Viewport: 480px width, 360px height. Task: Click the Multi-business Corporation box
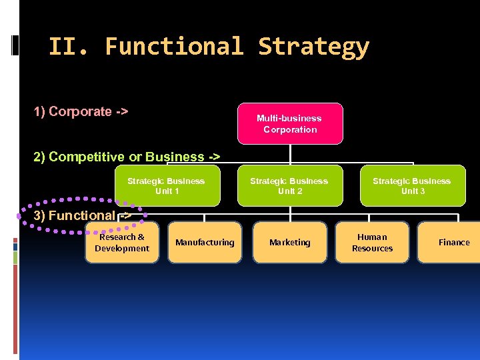coord(290,123)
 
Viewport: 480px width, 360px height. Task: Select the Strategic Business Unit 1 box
coord(167,186)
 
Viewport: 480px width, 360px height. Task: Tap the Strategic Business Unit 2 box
coord(289,186)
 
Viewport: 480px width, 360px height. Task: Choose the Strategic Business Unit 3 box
coord(412,186)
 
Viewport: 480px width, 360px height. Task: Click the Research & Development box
coord(122,243)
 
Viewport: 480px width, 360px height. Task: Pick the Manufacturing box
coord(205,243)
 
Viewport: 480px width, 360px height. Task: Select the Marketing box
coord(290,243)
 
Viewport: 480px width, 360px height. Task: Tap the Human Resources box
coord(372,243)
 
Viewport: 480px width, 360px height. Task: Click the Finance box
coord(453,243)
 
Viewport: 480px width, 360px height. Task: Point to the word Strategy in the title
coord(313,47)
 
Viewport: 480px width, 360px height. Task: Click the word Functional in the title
coord(175,47)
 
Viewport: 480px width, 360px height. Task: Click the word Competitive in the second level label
coord(87,157)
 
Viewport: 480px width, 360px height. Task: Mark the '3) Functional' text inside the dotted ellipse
coord(75,215)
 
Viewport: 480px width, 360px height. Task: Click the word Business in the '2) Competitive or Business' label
coord(173,157)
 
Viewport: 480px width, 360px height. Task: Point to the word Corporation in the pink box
coord(290,129)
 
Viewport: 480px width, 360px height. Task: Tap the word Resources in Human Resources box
coord(372,249)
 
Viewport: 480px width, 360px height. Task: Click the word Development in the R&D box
coord(122,249)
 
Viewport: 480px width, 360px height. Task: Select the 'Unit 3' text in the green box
coord(413,191)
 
